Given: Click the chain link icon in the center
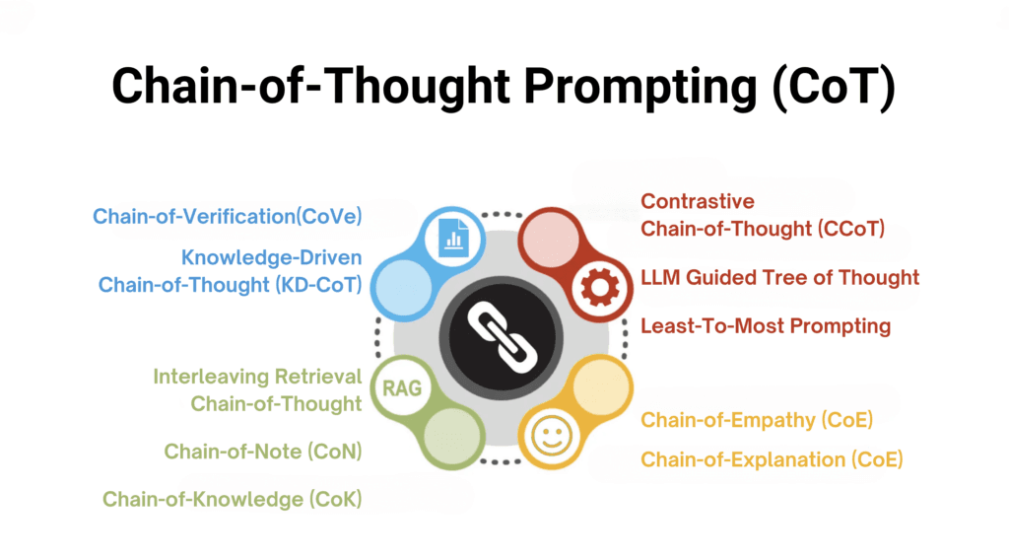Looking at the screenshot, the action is click(502, 338).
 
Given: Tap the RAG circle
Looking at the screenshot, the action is click(402, 388).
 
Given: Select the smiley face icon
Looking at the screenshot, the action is click(551, 436).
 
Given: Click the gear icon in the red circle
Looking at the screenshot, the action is click(600, 287).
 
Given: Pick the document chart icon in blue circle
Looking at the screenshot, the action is click(453, 238).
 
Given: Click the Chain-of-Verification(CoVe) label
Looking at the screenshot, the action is click(228, 216).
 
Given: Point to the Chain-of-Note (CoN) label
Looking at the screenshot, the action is click(262, 452).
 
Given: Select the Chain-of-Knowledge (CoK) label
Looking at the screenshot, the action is click(233, 499).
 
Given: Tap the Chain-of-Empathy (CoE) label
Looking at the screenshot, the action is click(757, 420).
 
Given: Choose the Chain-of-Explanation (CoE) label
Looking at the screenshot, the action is click(772, 459).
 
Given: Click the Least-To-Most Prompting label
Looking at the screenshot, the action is click(766, 326).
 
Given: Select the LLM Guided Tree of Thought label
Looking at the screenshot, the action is click(780, 278).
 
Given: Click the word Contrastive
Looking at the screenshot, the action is click(698, 201).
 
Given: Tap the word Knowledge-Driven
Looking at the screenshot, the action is click(272, 257).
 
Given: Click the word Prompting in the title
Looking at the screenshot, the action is click(640, 87).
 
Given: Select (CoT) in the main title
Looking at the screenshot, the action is click(834, 87).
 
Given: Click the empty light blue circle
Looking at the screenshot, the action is click(403, 288).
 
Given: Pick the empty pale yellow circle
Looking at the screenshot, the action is click(600, 386).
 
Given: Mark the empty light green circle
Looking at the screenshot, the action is click(451, 436).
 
